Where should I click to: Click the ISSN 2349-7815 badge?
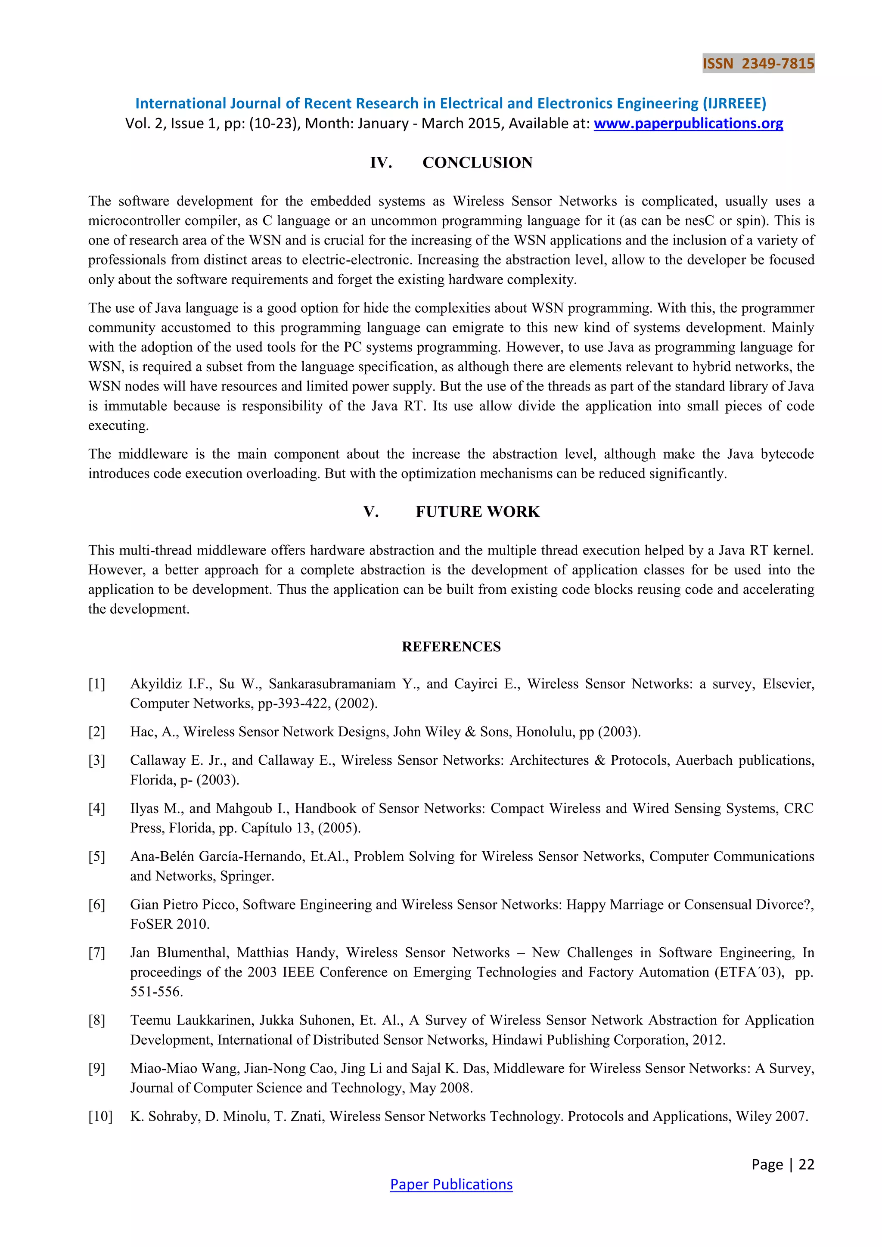(x=758, y=64)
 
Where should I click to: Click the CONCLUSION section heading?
(x=477, y=162)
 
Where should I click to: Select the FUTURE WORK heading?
(x=477, y=512)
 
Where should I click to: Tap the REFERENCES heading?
(x=451, y=646)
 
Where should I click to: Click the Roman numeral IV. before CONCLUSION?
(x=381, y=162)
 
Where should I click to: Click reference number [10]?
(x=100, y=1116)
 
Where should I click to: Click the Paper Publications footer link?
(x=451, y=1184)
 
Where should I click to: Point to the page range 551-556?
(x=156, y=992)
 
